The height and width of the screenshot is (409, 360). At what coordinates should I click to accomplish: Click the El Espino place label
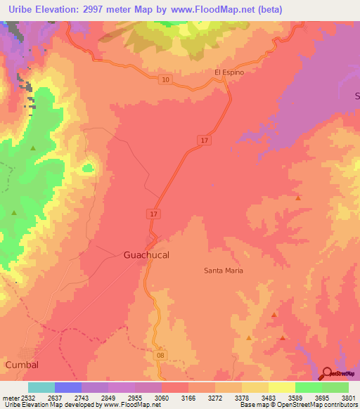click(229, 72)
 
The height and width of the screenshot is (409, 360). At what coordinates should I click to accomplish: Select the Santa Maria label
click(223, 271)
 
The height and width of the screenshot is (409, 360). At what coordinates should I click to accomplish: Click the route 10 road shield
click(165, 80)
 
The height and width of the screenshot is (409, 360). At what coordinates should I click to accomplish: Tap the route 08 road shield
click(161, 356)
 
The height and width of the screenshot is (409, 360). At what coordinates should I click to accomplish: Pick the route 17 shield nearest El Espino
click(204, 141)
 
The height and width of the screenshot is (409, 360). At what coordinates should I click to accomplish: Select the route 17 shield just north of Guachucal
click(154, 213)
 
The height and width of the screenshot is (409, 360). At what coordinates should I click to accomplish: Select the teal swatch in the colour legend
click(41, 387)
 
